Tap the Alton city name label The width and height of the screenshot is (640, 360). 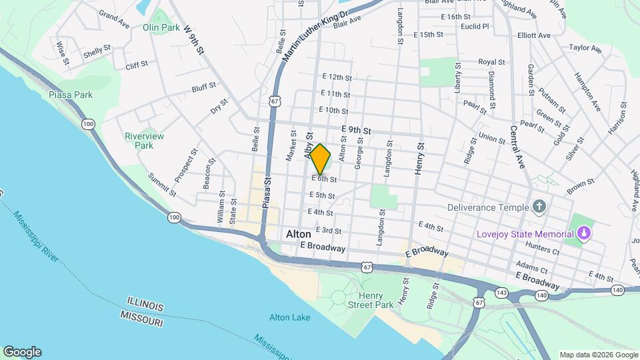pos(299,235)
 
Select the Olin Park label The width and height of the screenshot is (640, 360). pos(161,28)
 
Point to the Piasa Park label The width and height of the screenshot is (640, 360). pos(71,95)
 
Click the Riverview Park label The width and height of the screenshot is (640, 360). pos(144,141)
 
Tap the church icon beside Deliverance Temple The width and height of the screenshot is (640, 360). pos(539,207)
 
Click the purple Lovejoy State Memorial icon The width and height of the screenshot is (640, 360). pos(584,234)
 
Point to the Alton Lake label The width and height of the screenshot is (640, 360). pos(289,317)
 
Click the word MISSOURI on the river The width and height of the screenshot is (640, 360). pos(142,321)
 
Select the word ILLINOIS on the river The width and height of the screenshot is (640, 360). pos(142,306)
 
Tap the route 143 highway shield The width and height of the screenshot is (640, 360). pos(501,291)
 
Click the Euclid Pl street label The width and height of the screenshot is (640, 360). pos(475,27)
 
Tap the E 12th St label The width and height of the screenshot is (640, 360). pos(336,77)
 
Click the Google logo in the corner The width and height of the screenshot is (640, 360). pos(22,352)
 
